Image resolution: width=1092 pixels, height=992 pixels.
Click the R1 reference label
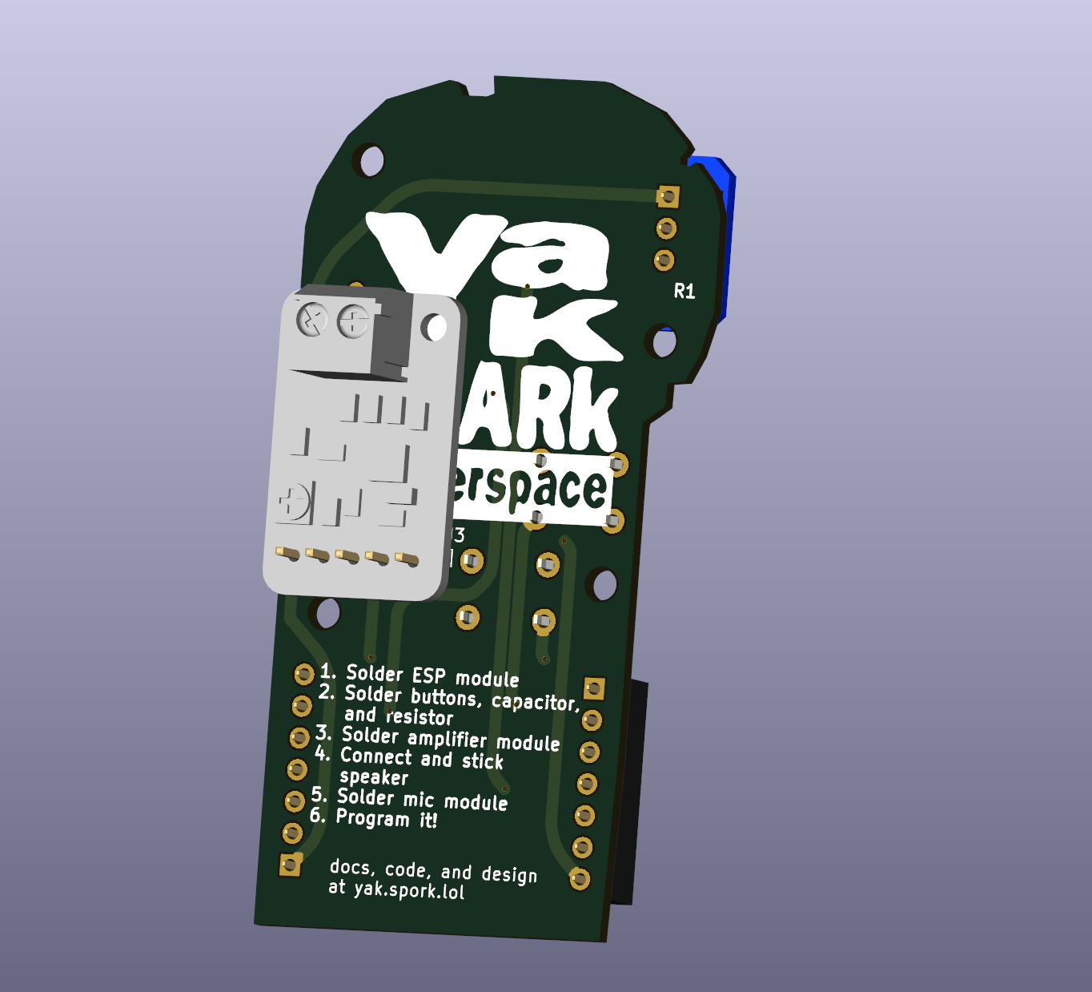click(x=685, y=292)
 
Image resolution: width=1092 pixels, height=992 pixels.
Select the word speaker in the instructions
click(x=374, y=777)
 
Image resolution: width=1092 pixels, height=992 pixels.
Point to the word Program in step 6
click(x=372, y=818)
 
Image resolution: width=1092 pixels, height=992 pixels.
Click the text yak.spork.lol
click(x=408, y=889)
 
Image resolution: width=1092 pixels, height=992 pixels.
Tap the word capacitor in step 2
click(x=534, y=702)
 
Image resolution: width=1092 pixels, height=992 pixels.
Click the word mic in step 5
click(x=419, y=800)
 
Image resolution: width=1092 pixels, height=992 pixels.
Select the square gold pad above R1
click(x=668, y=196)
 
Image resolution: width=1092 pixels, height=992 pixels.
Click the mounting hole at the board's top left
click(x=371, y=160)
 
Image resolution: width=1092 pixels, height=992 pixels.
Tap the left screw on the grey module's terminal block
click(x=312, y=321)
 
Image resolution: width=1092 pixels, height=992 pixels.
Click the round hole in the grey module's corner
click(x=435, y=327)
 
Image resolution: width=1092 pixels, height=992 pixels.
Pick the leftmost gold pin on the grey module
click(x=287, y=553)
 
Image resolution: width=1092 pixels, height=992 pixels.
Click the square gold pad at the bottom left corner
click(x=290, y=865)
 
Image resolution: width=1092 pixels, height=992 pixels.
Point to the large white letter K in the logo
click(x=552, y=329)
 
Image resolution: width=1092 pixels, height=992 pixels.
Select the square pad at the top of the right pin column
click(x=594, y=688)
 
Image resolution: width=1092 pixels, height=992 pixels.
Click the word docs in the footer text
click(x=351, y=868)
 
